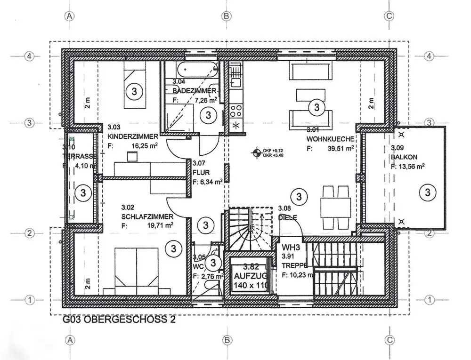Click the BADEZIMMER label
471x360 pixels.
(194, 90)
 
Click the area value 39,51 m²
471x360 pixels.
(341, 149)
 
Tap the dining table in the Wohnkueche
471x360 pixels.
(336, 205)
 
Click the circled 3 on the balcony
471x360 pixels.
(428, 192)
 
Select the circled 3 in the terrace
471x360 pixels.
(83, 192)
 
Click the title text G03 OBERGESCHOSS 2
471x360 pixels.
(120, 320)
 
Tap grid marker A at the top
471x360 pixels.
(70, 16)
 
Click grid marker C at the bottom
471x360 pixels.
(389, 340)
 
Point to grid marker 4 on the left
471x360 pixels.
(29, 56)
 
